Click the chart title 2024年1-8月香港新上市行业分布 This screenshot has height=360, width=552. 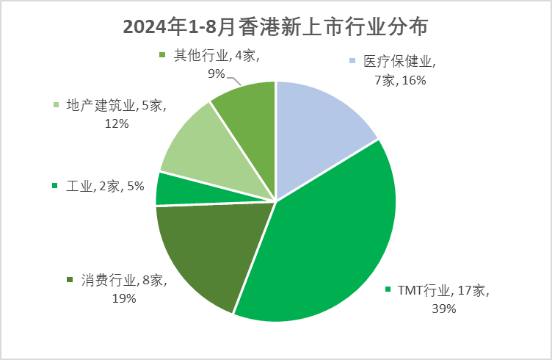(275, 26)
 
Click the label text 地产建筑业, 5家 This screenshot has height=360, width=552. (116, 106)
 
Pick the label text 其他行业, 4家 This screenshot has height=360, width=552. (217, 55)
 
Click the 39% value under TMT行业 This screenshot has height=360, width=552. (443, 309)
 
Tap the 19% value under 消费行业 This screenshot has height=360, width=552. (124, 298)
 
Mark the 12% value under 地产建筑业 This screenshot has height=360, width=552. (117, 123)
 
